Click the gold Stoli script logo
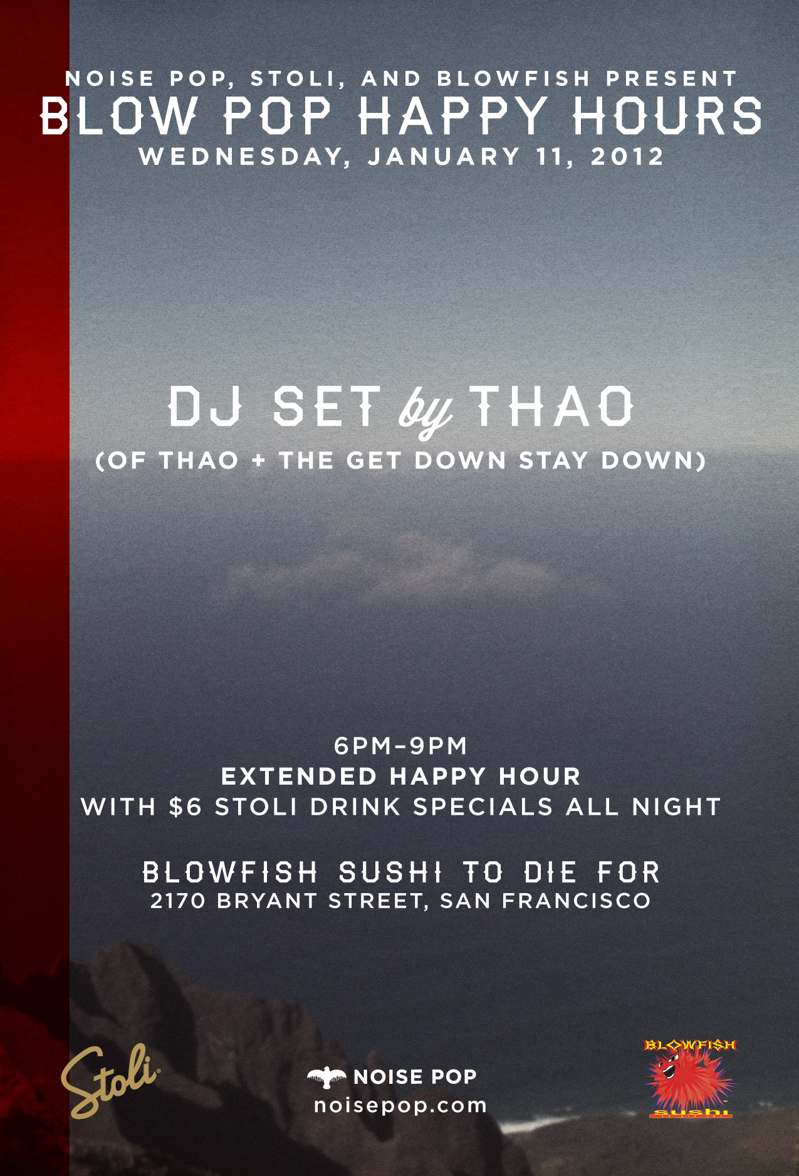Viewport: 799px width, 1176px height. [110, 1080]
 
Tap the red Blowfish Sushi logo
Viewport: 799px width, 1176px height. [691, 1078]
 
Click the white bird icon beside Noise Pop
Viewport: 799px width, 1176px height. [326, 1078]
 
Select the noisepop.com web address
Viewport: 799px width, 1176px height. [400, 1105]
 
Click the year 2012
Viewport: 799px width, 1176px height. [627, 156]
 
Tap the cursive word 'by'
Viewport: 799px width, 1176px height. [426, 411]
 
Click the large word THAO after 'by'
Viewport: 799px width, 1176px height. [551, 406]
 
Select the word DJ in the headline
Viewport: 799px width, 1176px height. [206, 406]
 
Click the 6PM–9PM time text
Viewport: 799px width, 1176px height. [401, 746]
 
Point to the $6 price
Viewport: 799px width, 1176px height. [185, 807]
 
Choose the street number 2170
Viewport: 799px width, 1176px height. [178, 901]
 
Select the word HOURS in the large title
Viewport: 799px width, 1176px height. [667, 116]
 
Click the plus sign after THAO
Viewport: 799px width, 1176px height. [258, 461]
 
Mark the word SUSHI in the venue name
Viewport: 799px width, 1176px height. [390, 872]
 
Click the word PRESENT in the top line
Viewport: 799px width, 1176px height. [672, 78]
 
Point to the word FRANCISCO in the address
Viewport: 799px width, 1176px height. [577, 901]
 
